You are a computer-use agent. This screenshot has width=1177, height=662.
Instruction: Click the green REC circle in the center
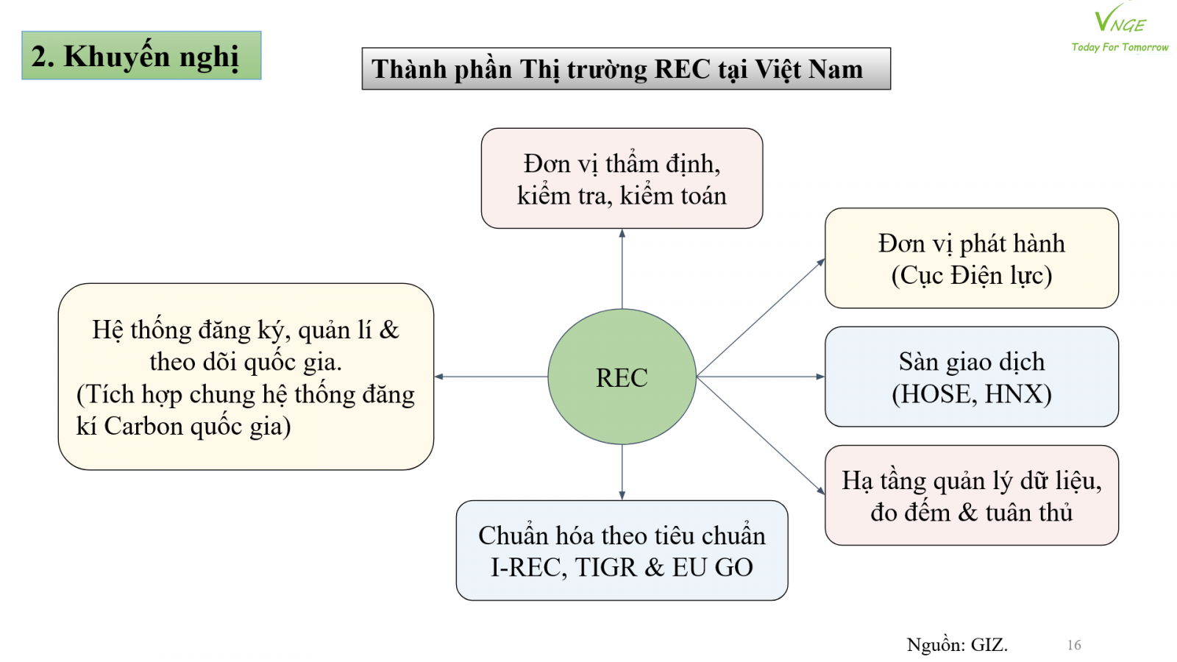point(622,377)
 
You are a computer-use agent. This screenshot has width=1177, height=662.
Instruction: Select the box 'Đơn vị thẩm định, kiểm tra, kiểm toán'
point(622,179)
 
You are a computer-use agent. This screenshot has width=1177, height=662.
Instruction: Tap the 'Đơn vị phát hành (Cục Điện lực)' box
point(971,258)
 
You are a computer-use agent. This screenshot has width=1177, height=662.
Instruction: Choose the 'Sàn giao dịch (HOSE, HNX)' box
point(971,377)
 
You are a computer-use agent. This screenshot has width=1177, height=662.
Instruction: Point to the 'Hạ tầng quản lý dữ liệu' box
point(971,495)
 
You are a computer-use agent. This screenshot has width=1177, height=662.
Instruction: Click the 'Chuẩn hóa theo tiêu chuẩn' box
point(622,551)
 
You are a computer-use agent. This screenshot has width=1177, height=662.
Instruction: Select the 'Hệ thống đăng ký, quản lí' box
point(246,377)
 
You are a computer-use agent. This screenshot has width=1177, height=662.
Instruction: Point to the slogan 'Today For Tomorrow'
point(1120,47)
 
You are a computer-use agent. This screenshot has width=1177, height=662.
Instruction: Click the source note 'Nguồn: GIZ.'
point(957,645)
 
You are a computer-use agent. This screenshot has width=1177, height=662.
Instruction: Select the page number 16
point(1074,645)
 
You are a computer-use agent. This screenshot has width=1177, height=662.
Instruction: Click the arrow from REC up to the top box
point(622,268)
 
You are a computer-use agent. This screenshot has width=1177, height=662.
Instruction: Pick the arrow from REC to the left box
point(491,377)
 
